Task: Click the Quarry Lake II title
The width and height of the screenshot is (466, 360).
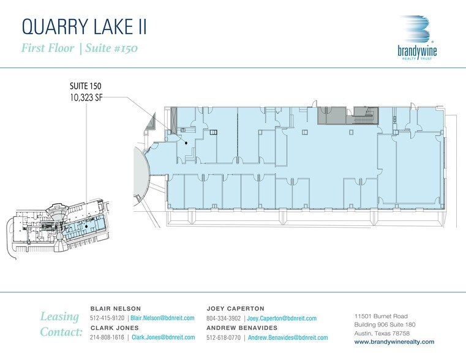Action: click(x=85, y=27)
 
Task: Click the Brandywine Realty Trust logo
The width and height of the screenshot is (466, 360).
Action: click(x=417, y=38)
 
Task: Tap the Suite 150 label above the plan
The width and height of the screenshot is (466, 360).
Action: click(x=86, y=86)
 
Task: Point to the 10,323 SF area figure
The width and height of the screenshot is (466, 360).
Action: click(x=86, y=97)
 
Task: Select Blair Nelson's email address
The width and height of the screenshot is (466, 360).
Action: click(x=162, y=318)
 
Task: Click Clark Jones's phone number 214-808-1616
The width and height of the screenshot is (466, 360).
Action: click(x=107, y=337)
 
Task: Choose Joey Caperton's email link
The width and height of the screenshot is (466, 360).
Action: click(x=282, y=318)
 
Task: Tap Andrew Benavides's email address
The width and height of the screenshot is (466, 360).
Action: click(x=288, y=338)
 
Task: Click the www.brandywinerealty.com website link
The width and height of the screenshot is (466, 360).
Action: click(x=394, y=342)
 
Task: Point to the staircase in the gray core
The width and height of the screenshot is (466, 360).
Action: click(x=366, y=116)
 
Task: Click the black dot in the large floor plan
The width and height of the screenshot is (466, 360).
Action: click(x=186, y=143)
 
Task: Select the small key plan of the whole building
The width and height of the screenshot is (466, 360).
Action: click(x=58, y=230)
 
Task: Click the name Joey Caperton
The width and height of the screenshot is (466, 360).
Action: click(x=235, y=309)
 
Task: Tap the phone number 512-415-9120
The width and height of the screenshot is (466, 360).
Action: click(x=107, y=318)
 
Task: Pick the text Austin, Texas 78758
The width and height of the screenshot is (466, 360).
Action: click(x=382, y=333)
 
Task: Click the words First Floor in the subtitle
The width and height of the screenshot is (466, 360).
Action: click(x=48, y=48)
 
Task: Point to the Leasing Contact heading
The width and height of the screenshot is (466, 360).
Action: click(x=61, y=324)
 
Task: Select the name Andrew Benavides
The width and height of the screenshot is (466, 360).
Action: click(x=242, y=328)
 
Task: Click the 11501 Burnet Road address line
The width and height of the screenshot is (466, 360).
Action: click(x=381, y=316)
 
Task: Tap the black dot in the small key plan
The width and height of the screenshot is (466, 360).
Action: click(x=86, y=227)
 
